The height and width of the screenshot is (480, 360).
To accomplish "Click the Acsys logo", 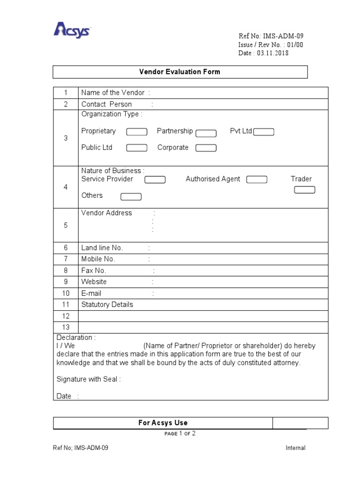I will click(72, 30).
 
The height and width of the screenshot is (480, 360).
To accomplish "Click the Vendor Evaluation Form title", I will click(180, 72).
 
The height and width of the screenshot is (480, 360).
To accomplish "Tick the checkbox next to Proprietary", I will click(137, 132).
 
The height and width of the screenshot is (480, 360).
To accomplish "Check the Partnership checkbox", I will click(206, 133).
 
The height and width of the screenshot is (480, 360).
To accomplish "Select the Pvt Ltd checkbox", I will click(263, 132).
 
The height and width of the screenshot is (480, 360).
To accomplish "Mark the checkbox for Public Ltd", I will click(137, 148).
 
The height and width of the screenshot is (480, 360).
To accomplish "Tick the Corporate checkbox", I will click(206, 148).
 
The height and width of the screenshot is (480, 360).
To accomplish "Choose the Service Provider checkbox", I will click(155, 180).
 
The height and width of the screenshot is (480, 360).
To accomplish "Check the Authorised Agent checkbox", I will click(256, 180).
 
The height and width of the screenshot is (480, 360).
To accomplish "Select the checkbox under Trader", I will click(304, 190).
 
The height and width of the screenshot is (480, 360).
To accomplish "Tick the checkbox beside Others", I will click(131, 197).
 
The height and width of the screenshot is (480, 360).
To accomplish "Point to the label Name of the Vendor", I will click(113, 92).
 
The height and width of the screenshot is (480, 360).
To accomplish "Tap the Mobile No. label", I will click(98, 259).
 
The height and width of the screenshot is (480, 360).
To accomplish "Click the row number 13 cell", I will click(66, 327).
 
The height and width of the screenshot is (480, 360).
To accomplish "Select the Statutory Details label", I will click(107, 305).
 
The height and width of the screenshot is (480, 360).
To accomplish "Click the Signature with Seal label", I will click(89, 379).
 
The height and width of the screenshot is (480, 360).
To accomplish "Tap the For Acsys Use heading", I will click(163, 423).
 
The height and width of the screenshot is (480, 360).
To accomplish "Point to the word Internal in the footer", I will click(295, 448).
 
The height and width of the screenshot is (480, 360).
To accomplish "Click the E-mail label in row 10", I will click(91, 293).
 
